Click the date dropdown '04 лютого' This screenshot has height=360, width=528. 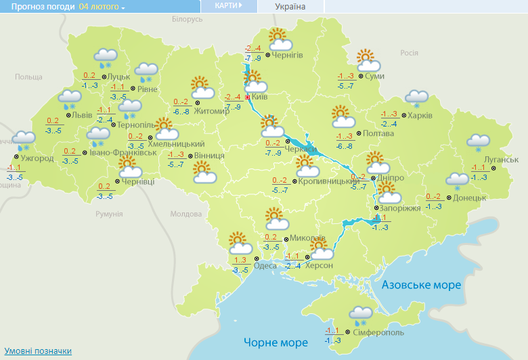point(102,7)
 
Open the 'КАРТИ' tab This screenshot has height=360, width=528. point(227,5)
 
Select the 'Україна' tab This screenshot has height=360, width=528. point(290,7)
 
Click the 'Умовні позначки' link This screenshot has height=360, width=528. point(38,351)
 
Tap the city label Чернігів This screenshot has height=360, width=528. point(286,55)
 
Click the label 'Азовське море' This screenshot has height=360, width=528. point(421,286)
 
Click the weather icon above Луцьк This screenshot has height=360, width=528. point(105,58)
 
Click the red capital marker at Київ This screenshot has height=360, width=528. point(248,97)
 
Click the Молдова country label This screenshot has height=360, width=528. point(185,214)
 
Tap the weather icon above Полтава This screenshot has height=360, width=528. point(343,117)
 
